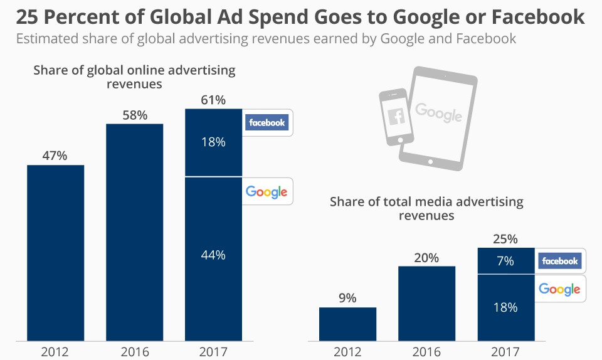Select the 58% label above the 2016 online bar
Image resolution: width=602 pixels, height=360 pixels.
click(x=134, y=115)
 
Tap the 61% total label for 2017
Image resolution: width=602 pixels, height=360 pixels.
click(x=213, y=100)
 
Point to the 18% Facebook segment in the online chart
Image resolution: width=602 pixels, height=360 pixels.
click(x=213, y=142)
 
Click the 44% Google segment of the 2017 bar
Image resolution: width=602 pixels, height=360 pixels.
click(x=213, y=255)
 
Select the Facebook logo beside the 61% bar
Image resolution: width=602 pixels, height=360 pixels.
click(x=267, y=123)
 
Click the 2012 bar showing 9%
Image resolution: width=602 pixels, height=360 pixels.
click(x=347, y=324)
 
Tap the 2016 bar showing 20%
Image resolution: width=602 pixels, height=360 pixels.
click(x=426, y=304)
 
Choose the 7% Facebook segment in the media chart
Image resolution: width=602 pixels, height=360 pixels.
click(x=505, y=261)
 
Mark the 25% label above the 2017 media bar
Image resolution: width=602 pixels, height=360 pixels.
click(x=505, y=239)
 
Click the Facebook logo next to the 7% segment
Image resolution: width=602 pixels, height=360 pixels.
click(x=560, y=261)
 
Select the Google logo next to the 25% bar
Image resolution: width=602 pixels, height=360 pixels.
click(x=559, y=290)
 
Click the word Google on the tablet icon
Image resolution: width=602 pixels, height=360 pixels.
click(x=438, y=113)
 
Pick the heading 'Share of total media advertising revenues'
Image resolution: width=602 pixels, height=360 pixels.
click(x=426, y=208)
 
